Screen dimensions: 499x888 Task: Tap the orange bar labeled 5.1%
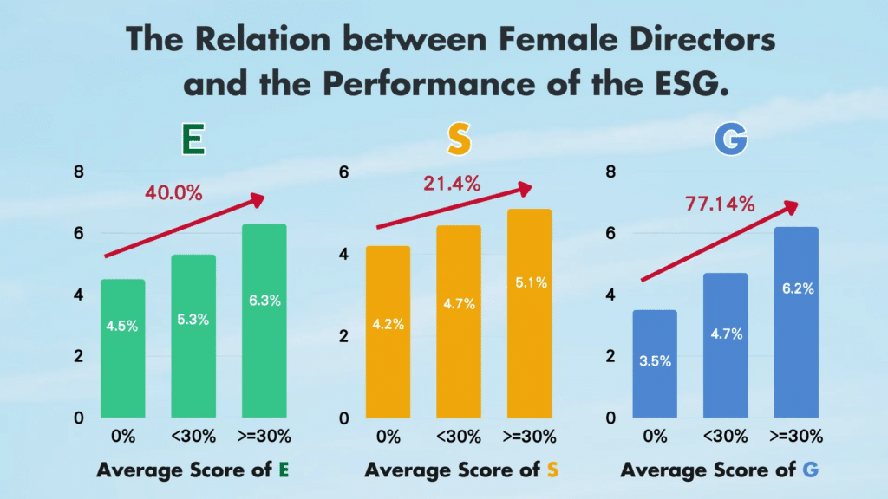pyautogui.click(x=529, y=313)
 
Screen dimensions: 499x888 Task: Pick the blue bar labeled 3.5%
pyautogui.click(x=655, y=363)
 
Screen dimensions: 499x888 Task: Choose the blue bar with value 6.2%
pyautogui.click(x=797, y=321)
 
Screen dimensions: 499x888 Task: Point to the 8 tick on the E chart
pyautogui.click(x=79, y=172)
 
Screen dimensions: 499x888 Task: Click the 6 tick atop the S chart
pyautogui.click(x=343, y=172)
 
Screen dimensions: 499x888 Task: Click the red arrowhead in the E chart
pyautogui.click(x=257, y=199)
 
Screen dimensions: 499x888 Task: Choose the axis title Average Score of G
pyautogui.click(x=720, y=470)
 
